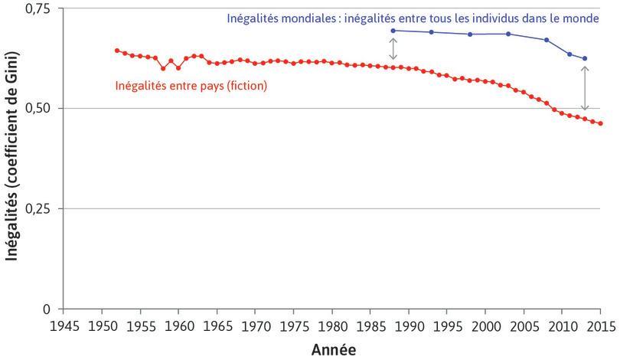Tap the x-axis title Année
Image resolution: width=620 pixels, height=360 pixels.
click(x=332, y=349)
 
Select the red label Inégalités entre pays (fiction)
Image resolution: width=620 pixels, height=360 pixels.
click(x=191, y=86)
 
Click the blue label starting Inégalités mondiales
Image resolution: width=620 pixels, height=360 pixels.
click(x=412, y=18)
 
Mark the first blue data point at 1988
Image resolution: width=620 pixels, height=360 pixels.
click(x=393, y=31)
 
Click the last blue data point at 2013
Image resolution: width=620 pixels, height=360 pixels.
click(x=586, y=58)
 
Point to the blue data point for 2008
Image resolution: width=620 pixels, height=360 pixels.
click(x=547, y=40)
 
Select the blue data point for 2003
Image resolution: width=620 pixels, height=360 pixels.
click(x=508, y=34)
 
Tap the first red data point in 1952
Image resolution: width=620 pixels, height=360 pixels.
click(x=116, y=51)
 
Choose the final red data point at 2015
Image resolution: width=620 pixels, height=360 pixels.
click(x=601, y=123)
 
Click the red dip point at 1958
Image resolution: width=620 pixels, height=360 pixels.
click(x=163, y=68)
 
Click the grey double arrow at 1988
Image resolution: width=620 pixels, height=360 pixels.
click(x=393, y=49)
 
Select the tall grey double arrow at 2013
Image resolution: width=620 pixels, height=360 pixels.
click(x=586, y=89)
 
